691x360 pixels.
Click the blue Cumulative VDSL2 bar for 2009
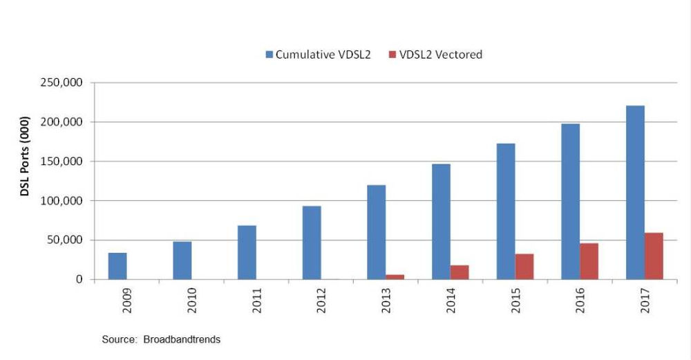(117, 266)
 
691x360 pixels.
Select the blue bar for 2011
(247, 252)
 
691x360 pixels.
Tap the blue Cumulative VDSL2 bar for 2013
(376, 232)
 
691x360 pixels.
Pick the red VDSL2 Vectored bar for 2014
(460, 272)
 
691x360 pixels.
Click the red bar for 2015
(524, 267)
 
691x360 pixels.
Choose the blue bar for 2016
(570, 202)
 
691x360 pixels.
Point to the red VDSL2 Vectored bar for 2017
(654, 256)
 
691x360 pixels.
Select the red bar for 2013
(395, 277)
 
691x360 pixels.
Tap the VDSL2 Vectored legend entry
(435, 55)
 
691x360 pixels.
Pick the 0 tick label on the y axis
(79, 280)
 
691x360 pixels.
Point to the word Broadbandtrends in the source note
(182, 339)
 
